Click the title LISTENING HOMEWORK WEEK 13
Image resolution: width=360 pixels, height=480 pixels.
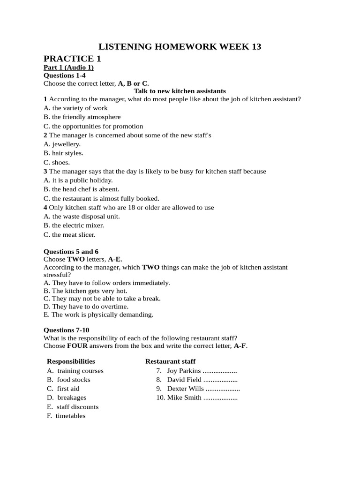coord(180,46)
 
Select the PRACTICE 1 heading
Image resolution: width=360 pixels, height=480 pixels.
coord(72,59)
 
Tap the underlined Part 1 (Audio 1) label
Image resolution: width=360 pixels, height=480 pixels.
coord(68,67)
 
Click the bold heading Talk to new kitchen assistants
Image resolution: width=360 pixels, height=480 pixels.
coord(180,91)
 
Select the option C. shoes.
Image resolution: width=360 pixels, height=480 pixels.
coord(57,163)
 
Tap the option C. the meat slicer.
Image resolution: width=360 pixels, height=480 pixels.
coord(69,235)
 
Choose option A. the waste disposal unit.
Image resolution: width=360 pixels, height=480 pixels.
coord(82,217)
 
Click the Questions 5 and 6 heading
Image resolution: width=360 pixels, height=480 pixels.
coord(71,252)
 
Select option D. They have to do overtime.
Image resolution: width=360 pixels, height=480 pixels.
coord(86,306)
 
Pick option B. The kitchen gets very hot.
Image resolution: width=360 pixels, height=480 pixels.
coord(85,291)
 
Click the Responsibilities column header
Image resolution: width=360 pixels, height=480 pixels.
coord(71,361)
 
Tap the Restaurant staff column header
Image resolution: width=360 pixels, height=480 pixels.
coord(170,361)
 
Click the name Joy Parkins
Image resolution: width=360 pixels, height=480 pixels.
coord(184,371)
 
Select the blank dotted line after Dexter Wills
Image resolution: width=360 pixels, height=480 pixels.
coord(223,389)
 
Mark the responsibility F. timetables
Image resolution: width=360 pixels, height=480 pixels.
coord(66,416)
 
